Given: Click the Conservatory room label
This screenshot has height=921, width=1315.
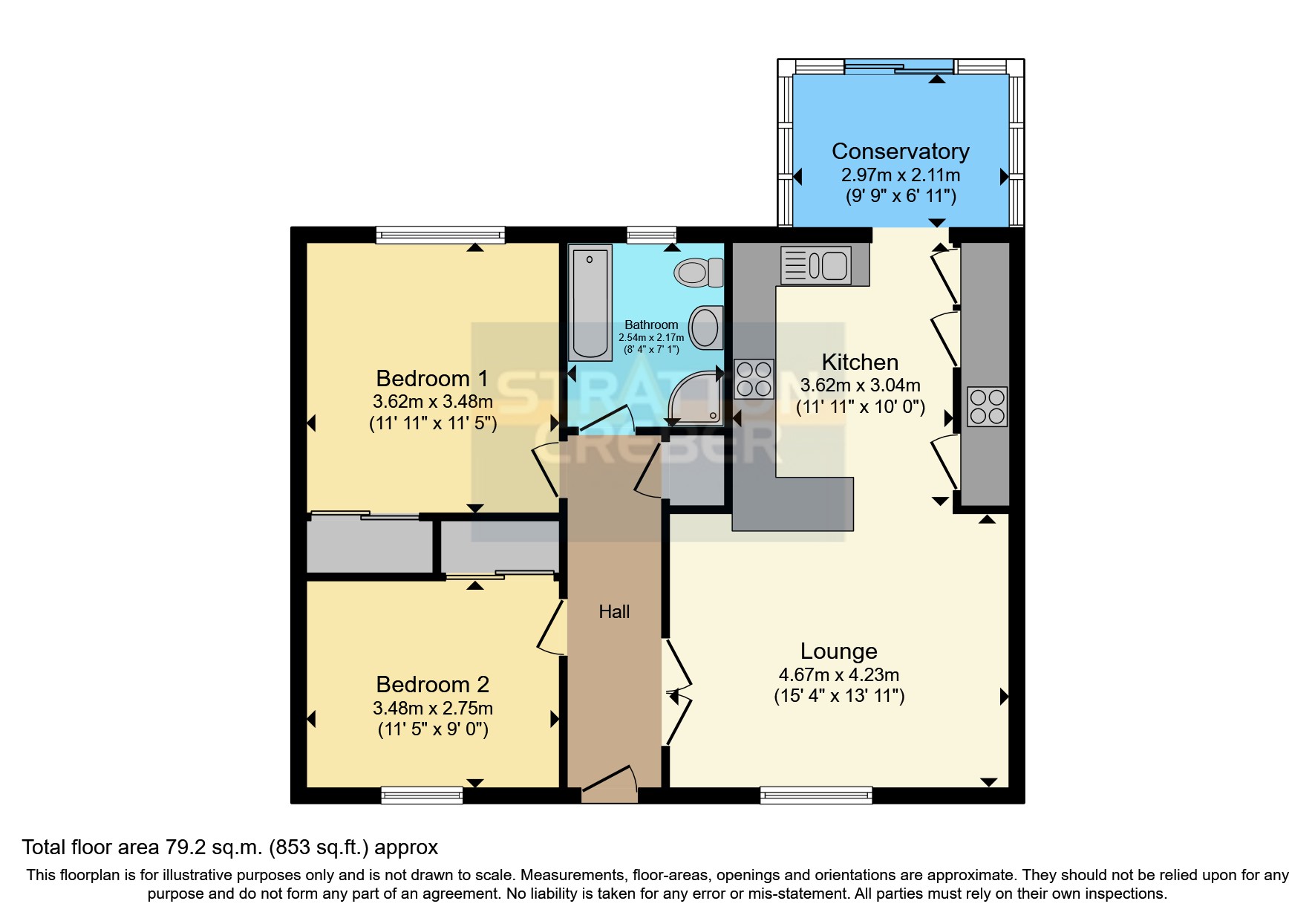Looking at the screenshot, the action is (x=900, y=152).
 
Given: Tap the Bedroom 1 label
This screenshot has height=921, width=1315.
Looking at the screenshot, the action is (x=432, y=379).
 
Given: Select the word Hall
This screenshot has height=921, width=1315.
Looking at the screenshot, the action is (x=614, y=612).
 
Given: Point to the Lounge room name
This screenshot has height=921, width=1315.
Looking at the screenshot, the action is (x=839, y=651).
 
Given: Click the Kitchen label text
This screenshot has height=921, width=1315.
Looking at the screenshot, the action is (x=860, y=362).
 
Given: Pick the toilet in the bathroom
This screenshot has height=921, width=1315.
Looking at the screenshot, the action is (x=699, y=273).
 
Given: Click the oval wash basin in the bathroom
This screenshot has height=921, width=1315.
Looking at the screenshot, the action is (x=705, y=328).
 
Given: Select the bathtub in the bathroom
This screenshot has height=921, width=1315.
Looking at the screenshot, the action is (x=590, y=302).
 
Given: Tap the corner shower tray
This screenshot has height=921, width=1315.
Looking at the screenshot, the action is (x=695, y=398).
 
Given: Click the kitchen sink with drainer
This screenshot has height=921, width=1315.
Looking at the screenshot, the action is (x=815, y=265).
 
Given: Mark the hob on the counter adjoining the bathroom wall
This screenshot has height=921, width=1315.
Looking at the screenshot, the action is (x=754, y=379).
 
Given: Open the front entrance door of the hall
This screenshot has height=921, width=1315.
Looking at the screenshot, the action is (x=609, y=783).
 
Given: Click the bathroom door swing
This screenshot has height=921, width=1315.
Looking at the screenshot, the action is (x=606, y=419).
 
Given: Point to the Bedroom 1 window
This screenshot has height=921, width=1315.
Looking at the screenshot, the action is (x=440, y=235).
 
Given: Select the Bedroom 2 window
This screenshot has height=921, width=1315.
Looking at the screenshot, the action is (x=422, y=795).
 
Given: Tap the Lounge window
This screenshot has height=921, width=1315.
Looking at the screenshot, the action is (x=816, y=795).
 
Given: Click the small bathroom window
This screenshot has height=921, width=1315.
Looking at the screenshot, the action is (x=651, y=235).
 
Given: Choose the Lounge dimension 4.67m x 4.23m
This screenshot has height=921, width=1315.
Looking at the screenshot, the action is (x=839, y=675).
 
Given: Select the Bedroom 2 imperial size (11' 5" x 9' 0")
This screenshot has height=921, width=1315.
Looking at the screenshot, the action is (x=433, y=729).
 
